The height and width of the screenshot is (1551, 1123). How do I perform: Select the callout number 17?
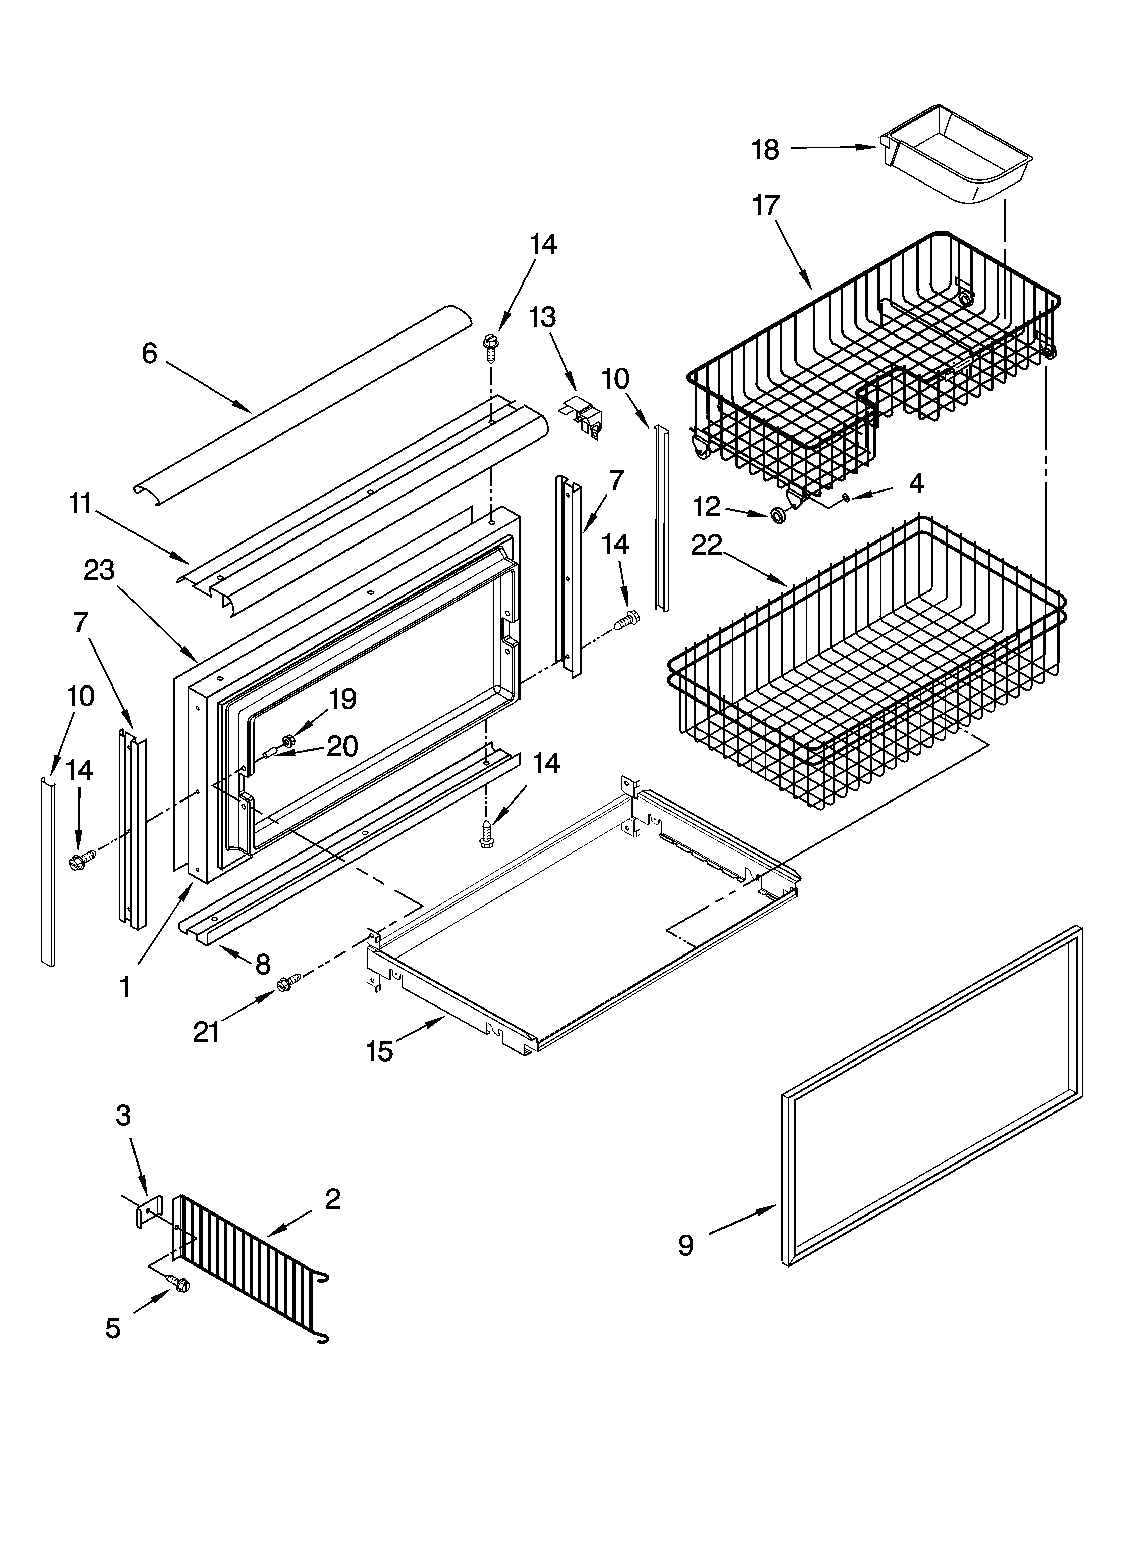766,206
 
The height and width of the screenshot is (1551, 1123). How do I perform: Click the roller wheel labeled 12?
778,515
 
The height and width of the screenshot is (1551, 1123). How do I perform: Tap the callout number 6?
149,353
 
